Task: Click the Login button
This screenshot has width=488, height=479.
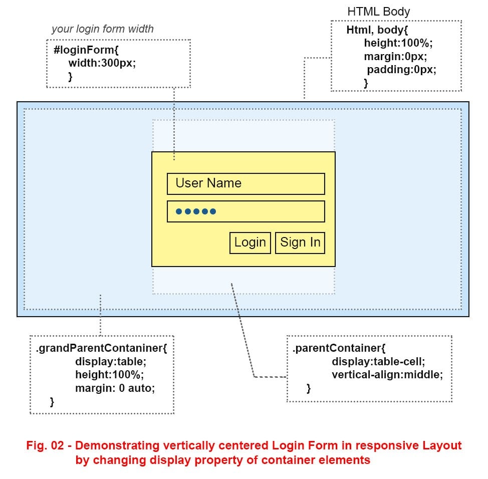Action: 250,243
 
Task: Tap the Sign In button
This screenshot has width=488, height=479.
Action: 300,243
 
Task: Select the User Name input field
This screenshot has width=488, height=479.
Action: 246,183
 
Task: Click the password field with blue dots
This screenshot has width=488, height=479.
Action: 246,211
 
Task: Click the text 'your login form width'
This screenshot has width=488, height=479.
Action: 102,29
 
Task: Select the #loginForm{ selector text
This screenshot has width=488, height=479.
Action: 86,51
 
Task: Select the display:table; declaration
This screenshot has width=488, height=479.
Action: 111,361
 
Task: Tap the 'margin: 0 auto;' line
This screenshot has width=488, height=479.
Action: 115,387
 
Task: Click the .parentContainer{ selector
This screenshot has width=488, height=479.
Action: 339,348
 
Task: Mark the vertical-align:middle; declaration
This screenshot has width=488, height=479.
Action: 387,374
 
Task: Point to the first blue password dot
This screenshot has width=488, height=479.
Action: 179,212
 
